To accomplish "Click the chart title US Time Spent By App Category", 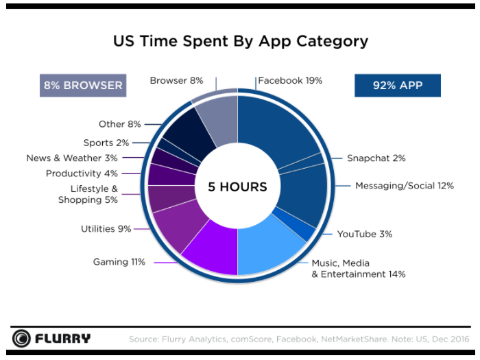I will coord(240,41).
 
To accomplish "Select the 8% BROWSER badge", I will coord(83,86).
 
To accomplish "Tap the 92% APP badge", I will coord(397,86).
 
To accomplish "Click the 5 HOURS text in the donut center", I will coord(237,187).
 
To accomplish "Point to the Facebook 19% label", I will coord(290,81).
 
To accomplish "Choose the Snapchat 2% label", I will coord(376,158).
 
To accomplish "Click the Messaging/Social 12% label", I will coord(404,186).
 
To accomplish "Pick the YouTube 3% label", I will coord(364,234).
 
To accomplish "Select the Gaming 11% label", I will coord(119,262).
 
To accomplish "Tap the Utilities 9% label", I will coord(106,228).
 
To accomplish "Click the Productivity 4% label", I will coord(82,173).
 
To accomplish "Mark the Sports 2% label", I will coord(106,143).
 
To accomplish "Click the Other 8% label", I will coord(119,124).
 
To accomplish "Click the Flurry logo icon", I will coord(21,339).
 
